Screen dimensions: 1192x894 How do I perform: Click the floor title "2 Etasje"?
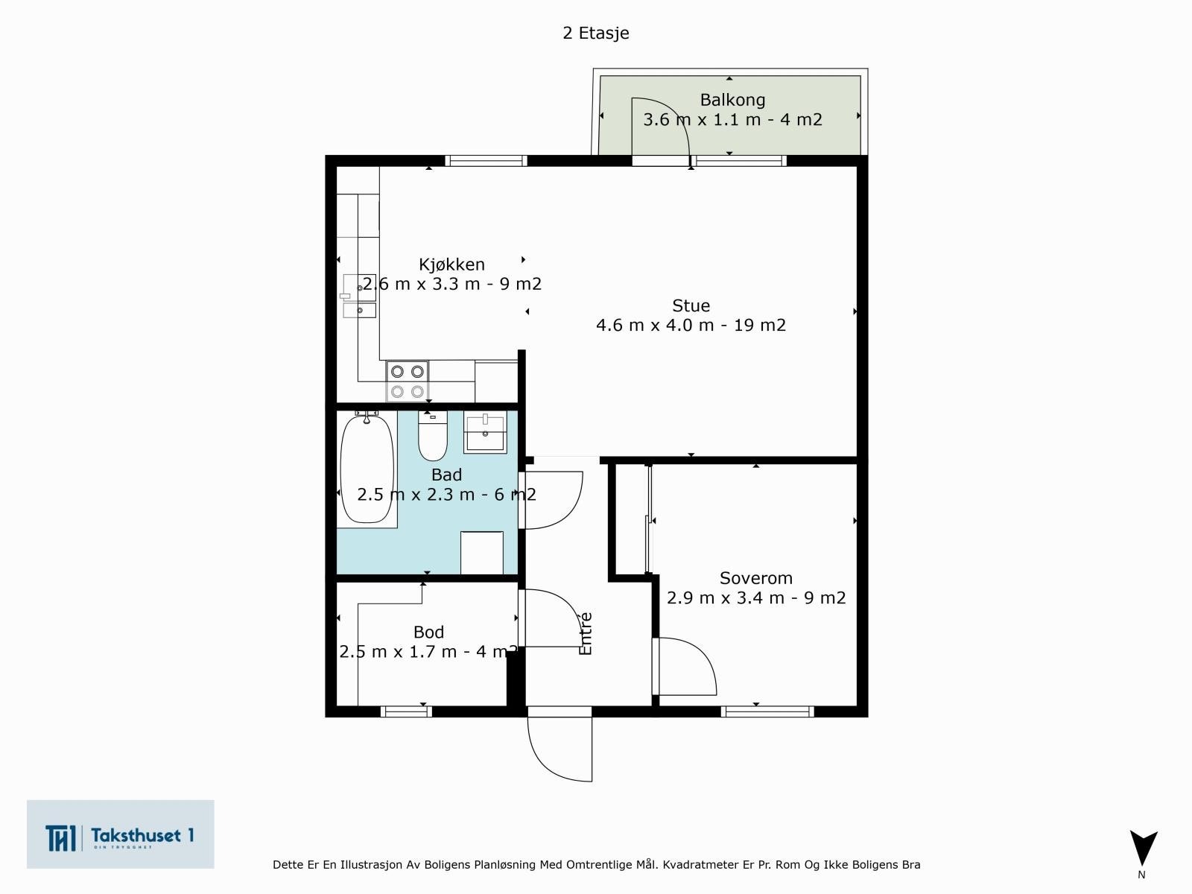(596, 33)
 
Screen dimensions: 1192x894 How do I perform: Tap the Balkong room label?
(732, 100)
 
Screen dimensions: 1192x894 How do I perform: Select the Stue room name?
(691, 305)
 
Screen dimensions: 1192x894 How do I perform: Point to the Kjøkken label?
(451, 264)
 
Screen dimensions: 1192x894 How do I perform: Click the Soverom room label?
(756, 578)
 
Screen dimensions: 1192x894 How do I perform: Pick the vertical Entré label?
(586, 633)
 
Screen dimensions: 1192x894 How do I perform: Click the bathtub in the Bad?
(367, 469)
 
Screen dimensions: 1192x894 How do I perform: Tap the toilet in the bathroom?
(432, 436)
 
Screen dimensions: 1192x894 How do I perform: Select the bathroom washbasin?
(485, 432)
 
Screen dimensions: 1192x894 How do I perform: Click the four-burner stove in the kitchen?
(408, 381)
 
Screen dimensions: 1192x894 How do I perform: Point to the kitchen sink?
(359, 296)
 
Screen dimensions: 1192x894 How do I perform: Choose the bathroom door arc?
(570, 511)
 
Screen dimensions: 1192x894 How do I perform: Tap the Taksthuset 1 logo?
(120, 834)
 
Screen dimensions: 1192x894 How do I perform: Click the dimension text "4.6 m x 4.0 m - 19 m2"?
(691, 325)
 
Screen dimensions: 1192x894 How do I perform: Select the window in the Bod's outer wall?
(406, 711)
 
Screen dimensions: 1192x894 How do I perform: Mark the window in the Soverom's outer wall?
(767, 711)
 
